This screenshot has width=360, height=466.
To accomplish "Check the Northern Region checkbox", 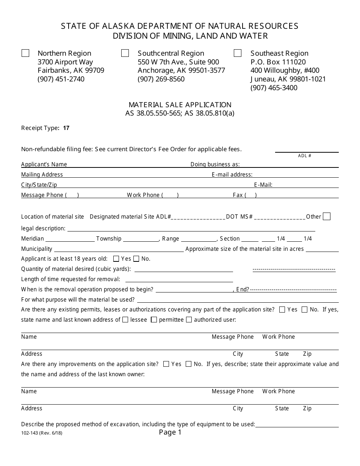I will click(25, 53).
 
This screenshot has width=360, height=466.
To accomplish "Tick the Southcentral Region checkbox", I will click(125, 53).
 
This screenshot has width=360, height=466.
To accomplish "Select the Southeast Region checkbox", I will click(238, 53).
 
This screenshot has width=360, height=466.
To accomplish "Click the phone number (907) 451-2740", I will click(61, 79).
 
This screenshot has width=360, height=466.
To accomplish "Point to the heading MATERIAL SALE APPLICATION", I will click(180, 105).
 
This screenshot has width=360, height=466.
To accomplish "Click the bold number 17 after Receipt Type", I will click(66, 128).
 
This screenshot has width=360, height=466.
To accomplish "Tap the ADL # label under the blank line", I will click(304, 156).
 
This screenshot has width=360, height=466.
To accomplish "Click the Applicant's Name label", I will click(44, 164).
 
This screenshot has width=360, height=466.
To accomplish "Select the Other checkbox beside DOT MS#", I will click(327, 216).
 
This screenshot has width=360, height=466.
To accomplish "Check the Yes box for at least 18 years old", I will click(116, 259).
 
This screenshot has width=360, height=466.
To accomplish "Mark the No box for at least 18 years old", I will click(136, 259).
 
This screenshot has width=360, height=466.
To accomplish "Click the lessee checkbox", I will click(125, 319).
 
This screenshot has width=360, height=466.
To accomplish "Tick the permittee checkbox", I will click(154, 319).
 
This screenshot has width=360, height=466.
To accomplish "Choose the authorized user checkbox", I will click(189, 319).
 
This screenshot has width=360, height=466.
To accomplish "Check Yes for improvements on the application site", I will click(166, 364).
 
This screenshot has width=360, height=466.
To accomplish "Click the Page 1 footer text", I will click(170, 432).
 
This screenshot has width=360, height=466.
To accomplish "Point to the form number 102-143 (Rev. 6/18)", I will click(42, 433).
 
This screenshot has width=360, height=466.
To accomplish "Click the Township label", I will click(109, 239).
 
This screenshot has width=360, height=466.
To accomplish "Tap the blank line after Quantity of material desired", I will click(184, 269).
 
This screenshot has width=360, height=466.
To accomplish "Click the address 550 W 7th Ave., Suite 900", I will click(178, 62).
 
